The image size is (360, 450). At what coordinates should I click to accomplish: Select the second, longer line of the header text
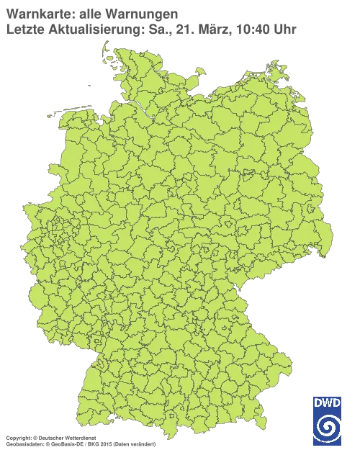click(151, 29)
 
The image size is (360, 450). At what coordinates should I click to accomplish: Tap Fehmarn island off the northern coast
click(185, 73)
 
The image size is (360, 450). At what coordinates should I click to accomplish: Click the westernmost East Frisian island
click(53, 114)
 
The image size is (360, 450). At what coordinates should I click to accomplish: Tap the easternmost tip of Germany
click(332, 235)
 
